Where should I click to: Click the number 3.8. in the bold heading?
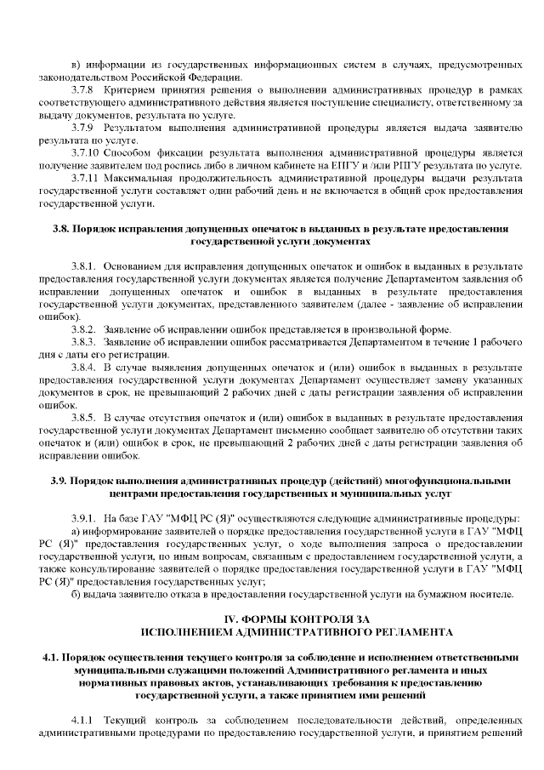pyautogui.click(x=61, y=230)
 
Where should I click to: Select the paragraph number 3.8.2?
pyautogui.click(x=84, y=329)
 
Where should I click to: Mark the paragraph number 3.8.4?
pyautogui.click(x=84, y=367)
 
